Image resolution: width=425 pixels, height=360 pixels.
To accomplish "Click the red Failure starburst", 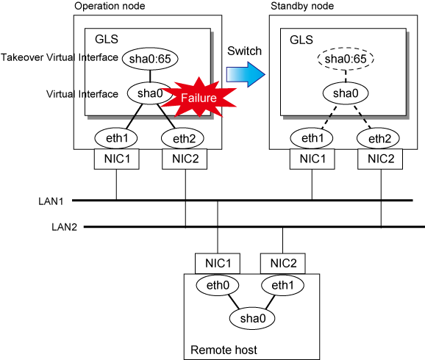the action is (199, 97).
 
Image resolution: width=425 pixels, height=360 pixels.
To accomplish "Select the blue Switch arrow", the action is (246, 74).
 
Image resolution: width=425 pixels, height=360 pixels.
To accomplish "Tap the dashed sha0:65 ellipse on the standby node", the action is (346, 59).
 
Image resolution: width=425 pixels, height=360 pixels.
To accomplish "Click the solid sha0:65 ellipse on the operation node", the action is (150, 59).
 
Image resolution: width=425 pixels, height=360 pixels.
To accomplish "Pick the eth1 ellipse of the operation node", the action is (116, 138).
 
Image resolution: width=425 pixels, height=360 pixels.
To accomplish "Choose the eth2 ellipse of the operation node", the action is (182, 138).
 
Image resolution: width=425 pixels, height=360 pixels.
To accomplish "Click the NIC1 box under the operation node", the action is (117, 159).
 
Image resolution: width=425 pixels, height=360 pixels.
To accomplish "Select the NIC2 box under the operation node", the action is (185, 159).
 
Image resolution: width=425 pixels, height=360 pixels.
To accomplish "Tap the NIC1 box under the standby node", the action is (312, 159).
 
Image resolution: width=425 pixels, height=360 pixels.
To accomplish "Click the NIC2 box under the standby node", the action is (380, 159).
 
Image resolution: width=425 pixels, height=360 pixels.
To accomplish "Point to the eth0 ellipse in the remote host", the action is (218, 285).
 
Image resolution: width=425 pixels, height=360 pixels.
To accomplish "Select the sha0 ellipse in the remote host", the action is (252, 318).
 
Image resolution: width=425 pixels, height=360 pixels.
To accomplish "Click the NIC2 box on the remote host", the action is (283, 263).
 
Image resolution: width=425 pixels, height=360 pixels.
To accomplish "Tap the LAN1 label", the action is (51, 201).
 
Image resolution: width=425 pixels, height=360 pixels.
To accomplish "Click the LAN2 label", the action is (64, 227).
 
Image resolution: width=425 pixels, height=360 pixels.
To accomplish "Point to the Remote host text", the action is (224, 350).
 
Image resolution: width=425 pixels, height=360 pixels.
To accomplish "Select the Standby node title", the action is (302, 6).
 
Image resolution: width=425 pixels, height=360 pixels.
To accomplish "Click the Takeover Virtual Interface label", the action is (60, 57).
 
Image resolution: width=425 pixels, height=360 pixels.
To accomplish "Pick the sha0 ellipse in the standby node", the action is (346, 93).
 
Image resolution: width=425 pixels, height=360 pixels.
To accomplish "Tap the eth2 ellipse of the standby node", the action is (378, 138).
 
